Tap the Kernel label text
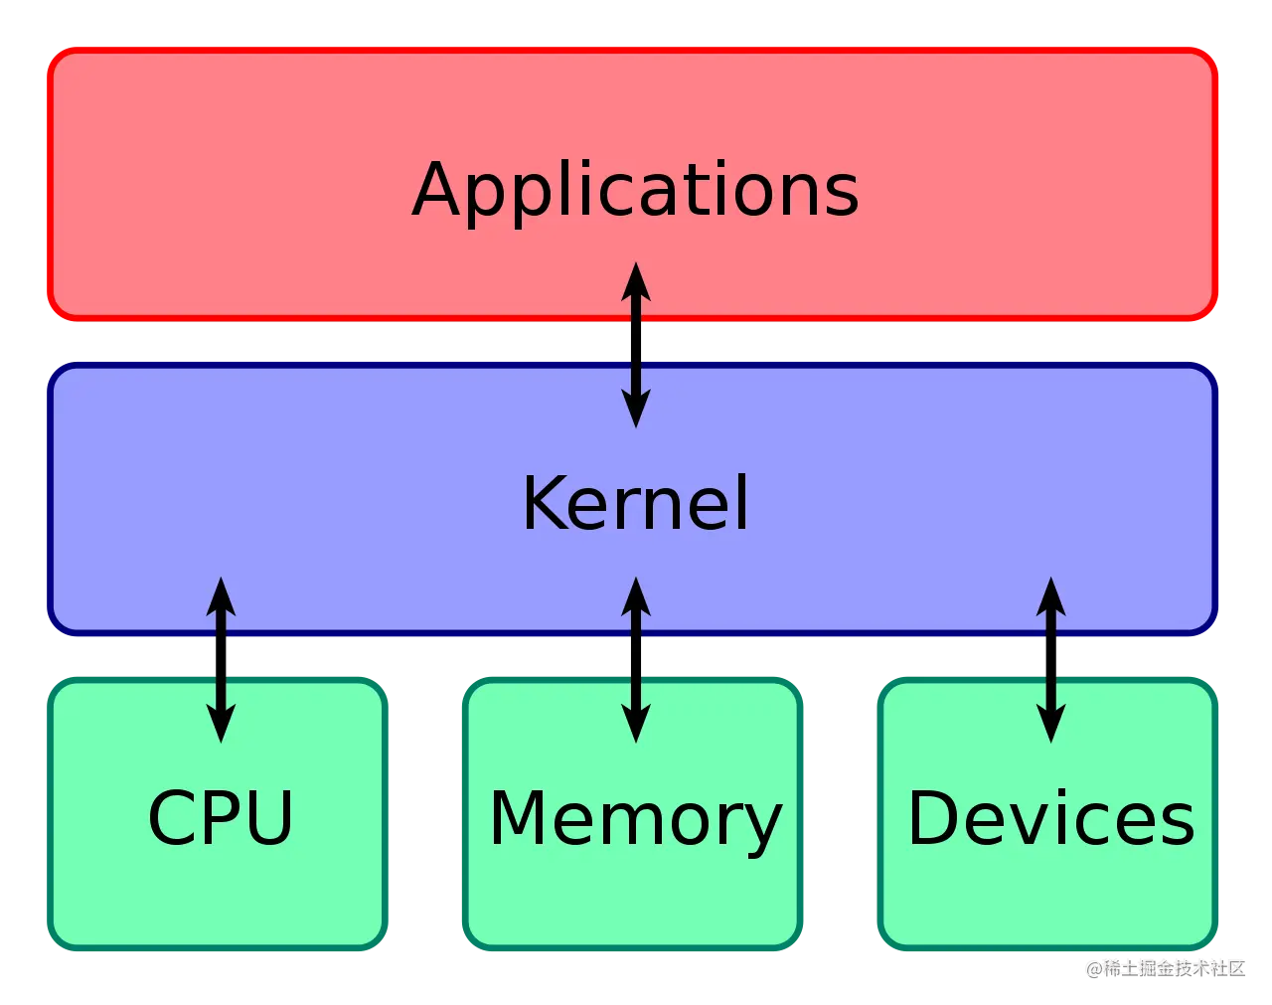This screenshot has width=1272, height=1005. pos(635,503)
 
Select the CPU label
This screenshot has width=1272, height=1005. pos(221,818)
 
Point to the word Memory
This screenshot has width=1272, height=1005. pos(635,818)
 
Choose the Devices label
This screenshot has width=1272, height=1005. pos(1050,818)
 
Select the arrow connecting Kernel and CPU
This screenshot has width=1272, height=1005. pos(221,659)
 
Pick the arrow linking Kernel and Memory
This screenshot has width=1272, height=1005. pos(636,659)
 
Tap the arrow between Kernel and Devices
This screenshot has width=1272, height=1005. pos(1050,659)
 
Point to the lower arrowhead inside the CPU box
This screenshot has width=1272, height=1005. pos(221,725)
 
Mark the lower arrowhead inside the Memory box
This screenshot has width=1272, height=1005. pos(636,725)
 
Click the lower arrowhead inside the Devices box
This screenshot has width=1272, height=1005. pos(1050,725)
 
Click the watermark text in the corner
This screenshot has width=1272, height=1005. pos(1165,966)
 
